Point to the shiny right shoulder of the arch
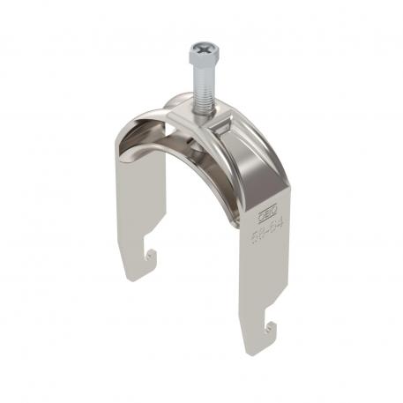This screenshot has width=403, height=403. (x=256, y=154)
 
